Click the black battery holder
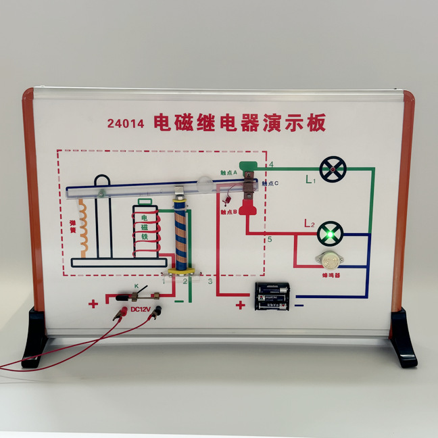(x=272, y=296)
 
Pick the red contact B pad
(x=249, y=207)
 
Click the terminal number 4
(x=271, y=165)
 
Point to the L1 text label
(x=310, y=180)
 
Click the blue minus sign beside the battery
(x=299, y=306)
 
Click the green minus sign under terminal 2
(x=178, y=300)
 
